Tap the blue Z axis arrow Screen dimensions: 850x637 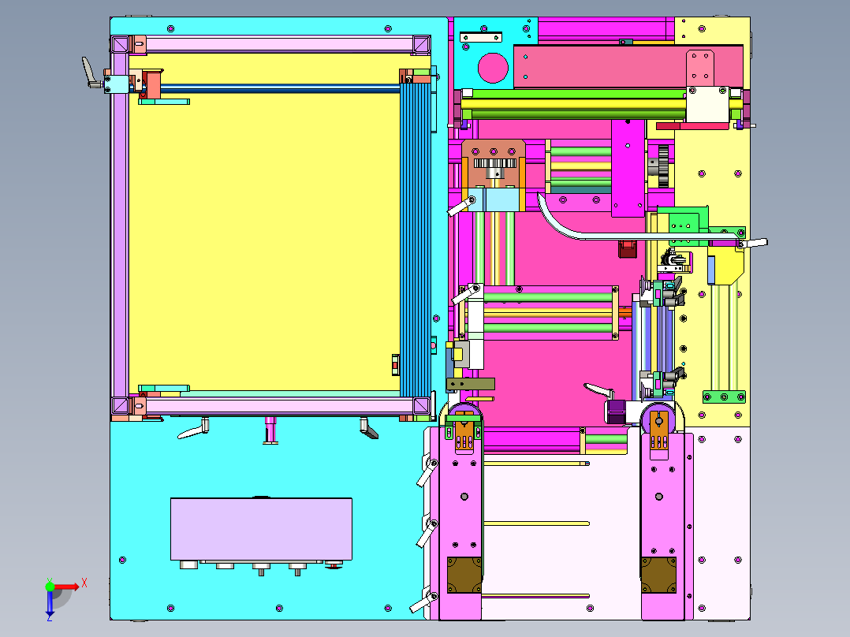tap(50, 603)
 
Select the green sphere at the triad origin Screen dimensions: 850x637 tap(50, 587)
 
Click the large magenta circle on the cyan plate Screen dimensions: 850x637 tap(493, 68)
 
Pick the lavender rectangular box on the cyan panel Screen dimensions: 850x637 tap(261, 529)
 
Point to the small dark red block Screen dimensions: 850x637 tap(627, 248)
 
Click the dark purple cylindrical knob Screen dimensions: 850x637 tap(616, 412)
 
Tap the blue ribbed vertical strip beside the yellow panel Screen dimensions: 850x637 tap(415, 239)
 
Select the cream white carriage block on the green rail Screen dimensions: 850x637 tap(707, 104)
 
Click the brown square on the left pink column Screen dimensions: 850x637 tap(464, 576)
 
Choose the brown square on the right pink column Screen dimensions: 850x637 tap(658, 576)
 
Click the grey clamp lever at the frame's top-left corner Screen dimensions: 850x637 tap(91, 73)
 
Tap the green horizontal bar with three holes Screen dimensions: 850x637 tap(724, 397)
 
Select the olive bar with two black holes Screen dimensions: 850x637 tap(470, 384)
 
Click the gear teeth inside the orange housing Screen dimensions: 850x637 tap(494, 162)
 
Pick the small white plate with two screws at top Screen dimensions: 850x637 tap(481, 37)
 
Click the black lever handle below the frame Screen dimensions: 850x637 tap(369, 428)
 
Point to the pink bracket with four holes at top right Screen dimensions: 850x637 tap(700, 68)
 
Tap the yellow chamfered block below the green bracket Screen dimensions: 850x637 tap(725, 266)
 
